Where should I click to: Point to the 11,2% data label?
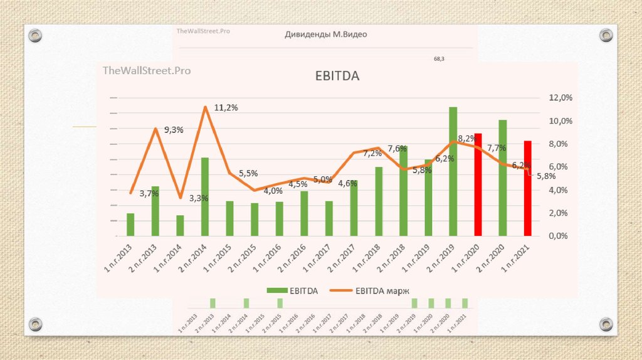pos(226,108)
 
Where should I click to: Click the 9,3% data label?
pos(174,130)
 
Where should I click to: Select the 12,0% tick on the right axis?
pos(561,98)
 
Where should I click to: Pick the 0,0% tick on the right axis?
pos(561,236)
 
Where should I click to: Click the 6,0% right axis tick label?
pos(561,167)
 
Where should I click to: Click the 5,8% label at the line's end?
pos(547,176)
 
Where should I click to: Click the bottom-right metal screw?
pos(606,324)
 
